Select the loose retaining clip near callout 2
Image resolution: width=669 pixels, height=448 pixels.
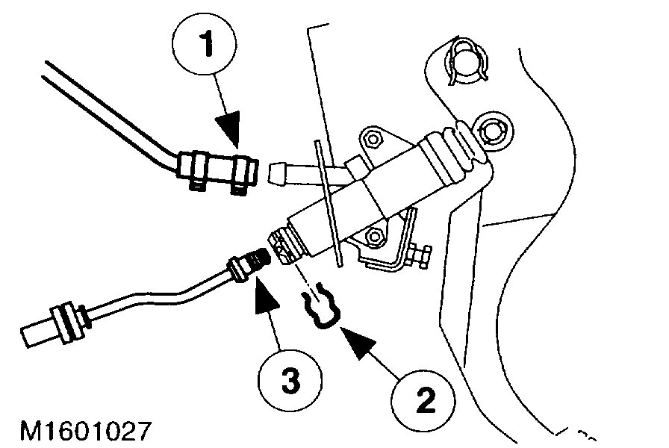320,309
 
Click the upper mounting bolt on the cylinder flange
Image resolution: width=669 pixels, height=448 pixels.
373,138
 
